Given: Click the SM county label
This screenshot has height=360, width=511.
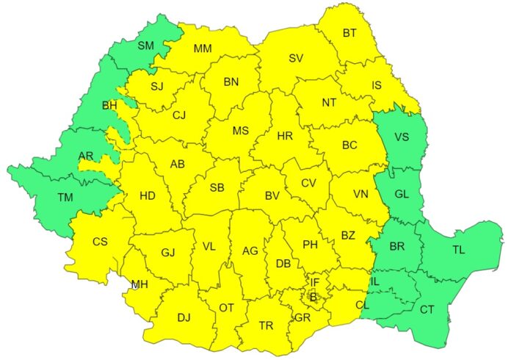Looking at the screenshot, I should click(x=145, y=46).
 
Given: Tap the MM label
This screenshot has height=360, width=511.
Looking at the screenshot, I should click(x=203, y=49).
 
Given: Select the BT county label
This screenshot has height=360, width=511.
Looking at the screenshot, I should click(x=349, y=33).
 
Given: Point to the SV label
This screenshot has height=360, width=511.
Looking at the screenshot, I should click(x=296, y=58).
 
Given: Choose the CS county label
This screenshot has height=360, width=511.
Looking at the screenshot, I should click(x=100, y=241).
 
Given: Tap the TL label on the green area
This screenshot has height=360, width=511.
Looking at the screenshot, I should click(x=458, y=251).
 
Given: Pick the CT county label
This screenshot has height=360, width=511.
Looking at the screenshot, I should click(x=427, y=309).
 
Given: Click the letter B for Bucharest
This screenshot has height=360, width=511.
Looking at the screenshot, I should click(x=313, y=297).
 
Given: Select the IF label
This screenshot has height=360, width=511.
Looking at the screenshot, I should click(x=314, y=282).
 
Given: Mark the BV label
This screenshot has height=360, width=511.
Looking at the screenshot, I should click(x=272, y=196).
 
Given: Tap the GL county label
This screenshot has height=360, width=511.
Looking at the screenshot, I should click(x=401, y=195).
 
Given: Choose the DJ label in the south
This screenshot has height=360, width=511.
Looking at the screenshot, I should click(x=184, y=317).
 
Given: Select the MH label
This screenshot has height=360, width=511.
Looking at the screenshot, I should click(x=139, y=284).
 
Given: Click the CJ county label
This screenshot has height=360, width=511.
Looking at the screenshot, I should click(x=179, y=115).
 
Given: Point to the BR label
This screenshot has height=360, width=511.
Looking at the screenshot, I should click(x=397, y=246).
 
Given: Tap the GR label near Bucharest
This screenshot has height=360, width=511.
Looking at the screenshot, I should click(x=302, y=317).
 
